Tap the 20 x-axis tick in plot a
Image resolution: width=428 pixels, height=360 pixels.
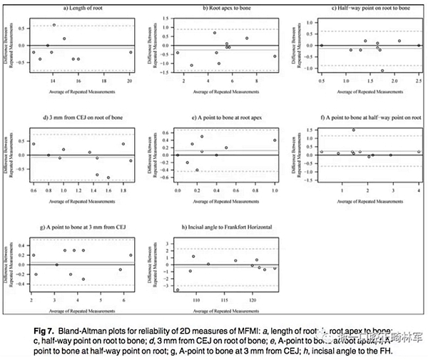[x=130, y=81]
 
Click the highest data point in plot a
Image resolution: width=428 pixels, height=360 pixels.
[x=54, y=25]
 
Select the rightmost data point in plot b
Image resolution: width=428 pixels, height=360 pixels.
[x=275, y=56]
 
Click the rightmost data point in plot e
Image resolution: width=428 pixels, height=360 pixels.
[x=275, y=140]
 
